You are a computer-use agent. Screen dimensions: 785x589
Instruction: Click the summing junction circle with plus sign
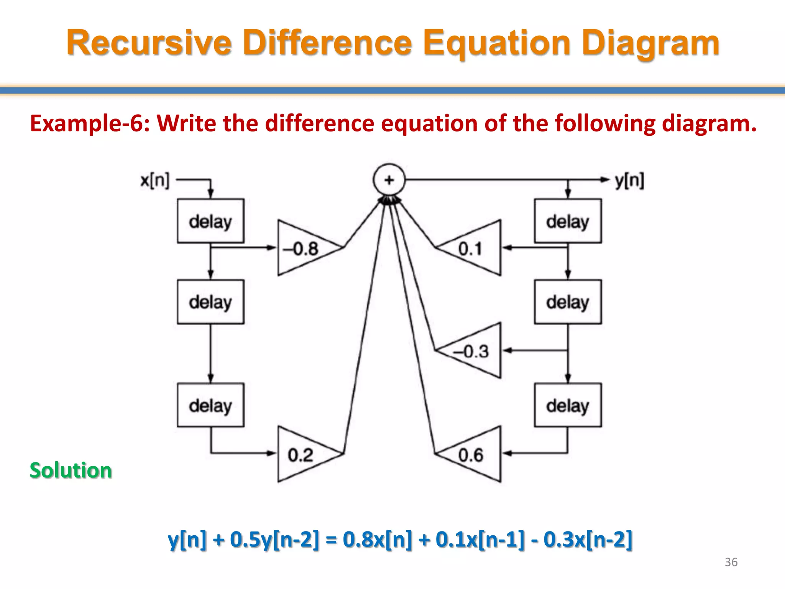coord(389,180)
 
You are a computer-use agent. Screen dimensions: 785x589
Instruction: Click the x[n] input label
coord(155,180)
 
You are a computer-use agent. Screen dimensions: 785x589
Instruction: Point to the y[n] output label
coord(629,180)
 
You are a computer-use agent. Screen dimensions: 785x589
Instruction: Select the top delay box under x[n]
coord(210,221)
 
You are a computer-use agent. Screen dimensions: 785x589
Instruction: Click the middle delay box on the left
coord(210,302)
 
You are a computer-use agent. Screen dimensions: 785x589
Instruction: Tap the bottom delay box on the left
coord(210,405)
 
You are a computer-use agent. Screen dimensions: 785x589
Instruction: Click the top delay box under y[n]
coord(568,221)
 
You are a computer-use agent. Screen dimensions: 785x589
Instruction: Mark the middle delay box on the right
coord(568,302)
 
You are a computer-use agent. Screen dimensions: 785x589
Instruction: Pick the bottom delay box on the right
coord(568,405)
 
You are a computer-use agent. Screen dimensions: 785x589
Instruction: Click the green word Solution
coord(71,471)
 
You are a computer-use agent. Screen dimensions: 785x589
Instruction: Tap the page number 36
coord(731,562)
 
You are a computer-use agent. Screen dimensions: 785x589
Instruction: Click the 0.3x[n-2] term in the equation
coord(588,540)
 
